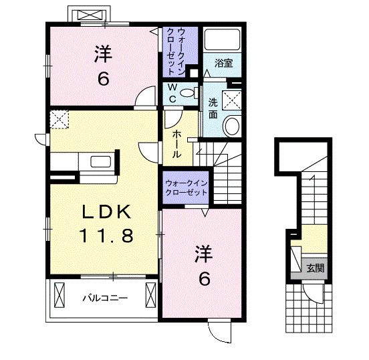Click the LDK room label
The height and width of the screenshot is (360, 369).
point(106,212)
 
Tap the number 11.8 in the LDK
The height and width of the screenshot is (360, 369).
point(106,236)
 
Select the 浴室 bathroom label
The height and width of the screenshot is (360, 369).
point(223,63)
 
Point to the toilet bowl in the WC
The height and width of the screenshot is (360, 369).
point(189,92)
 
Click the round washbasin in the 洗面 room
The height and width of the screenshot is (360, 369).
point(232,126)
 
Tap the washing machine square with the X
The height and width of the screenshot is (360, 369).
point(232,100)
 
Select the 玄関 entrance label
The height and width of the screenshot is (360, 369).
point(316,268)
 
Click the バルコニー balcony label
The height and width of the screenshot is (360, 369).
point(105,298)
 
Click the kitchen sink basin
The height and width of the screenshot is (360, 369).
point(101,162)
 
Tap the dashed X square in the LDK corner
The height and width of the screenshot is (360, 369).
point(59,120)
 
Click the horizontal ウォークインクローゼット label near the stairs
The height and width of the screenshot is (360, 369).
point(186,188)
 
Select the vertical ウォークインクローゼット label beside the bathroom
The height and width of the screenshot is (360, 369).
point(174,52)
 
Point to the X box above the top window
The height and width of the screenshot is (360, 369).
point(90,15)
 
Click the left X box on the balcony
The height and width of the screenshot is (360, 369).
point(59,295)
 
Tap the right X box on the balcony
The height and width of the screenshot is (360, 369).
point(150,295)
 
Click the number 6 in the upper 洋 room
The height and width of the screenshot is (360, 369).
point(104,79)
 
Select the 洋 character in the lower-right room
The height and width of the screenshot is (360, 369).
point(204,254)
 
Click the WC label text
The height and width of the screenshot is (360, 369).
point(172,93)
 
